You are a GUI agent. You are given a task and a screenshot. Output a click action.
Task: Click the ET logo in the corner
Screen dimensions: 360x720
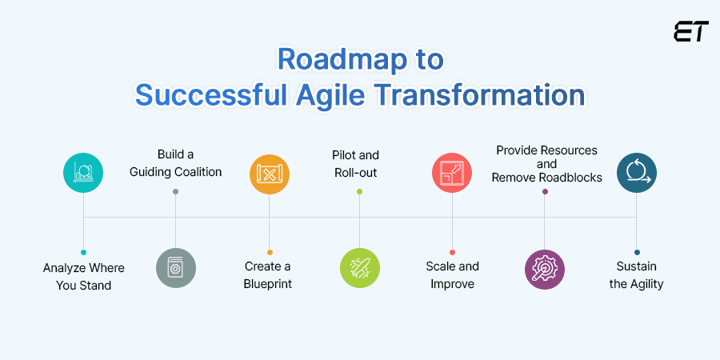tap(690, 33)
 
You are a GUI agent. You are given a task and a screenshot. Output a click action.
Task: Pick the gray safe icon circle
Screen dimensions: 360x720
tap(175, 268)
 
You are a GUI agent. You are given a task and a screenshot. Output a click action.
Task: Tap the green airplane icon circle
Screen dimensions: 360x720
tap(359, 268)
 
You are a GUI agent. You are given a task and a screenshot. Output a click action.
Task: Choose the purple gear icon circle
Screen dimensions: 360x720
tap(544, 268)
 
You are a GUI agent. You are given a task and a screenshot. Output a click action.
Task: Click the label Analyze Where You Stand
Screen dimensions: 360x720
tap(84, 275)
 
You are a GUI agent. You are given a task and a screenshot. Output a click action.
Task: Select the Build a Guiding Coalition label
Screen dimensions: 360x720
tap(175, 162)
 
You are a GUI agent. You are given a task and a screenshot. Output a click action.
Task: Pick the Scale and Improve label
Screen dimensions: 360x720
tap(452, 275)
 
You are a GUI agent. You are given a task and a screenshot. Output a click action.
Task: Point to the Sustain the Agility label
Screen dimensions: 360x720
tap(637, 275)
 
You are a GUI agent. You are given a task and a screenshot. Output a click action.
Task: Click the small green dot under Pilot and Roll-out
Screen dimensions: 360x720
tap(359, 192)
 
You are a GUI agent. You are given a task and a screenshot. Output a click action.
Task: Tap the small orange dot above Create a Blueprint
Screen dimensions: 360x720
tap(270, 252)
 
